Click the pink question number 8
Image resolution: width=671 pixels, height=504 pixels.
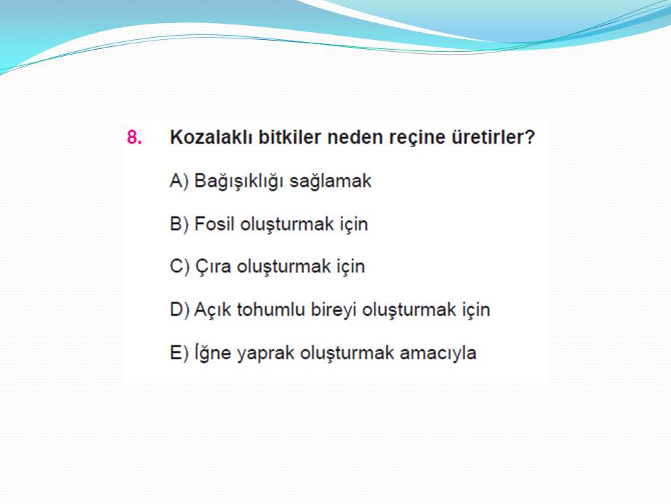click(x=134, y=138)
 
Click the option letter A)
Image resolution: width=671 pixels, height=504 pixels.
click(x=179, y=181)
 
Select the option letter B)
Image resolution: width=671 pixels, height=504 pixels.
click(x=179, y=224)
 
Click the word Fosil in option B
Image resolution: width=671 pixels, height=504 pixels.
click(x=215, y=224)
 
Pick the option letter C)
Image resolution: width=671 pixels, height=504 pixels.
click(x=180, y=267)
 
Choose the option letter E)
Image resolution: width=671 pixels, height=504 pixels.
click(x=179, y=353)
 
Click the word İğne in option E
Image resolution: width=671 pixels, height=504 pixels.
click(x=212, y=353)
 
